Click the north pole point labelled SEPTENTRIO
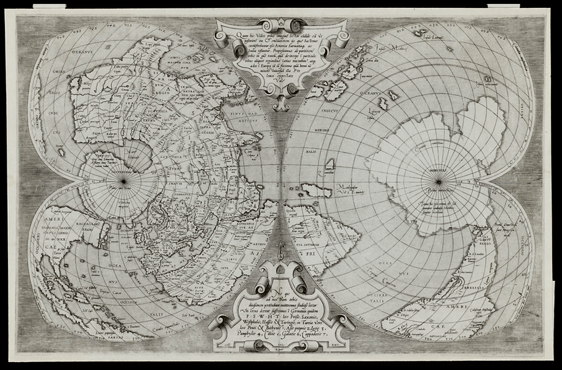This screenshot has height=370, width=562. [123, 180]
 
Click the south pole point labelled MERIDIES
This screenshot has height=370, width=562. [437, 180]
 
